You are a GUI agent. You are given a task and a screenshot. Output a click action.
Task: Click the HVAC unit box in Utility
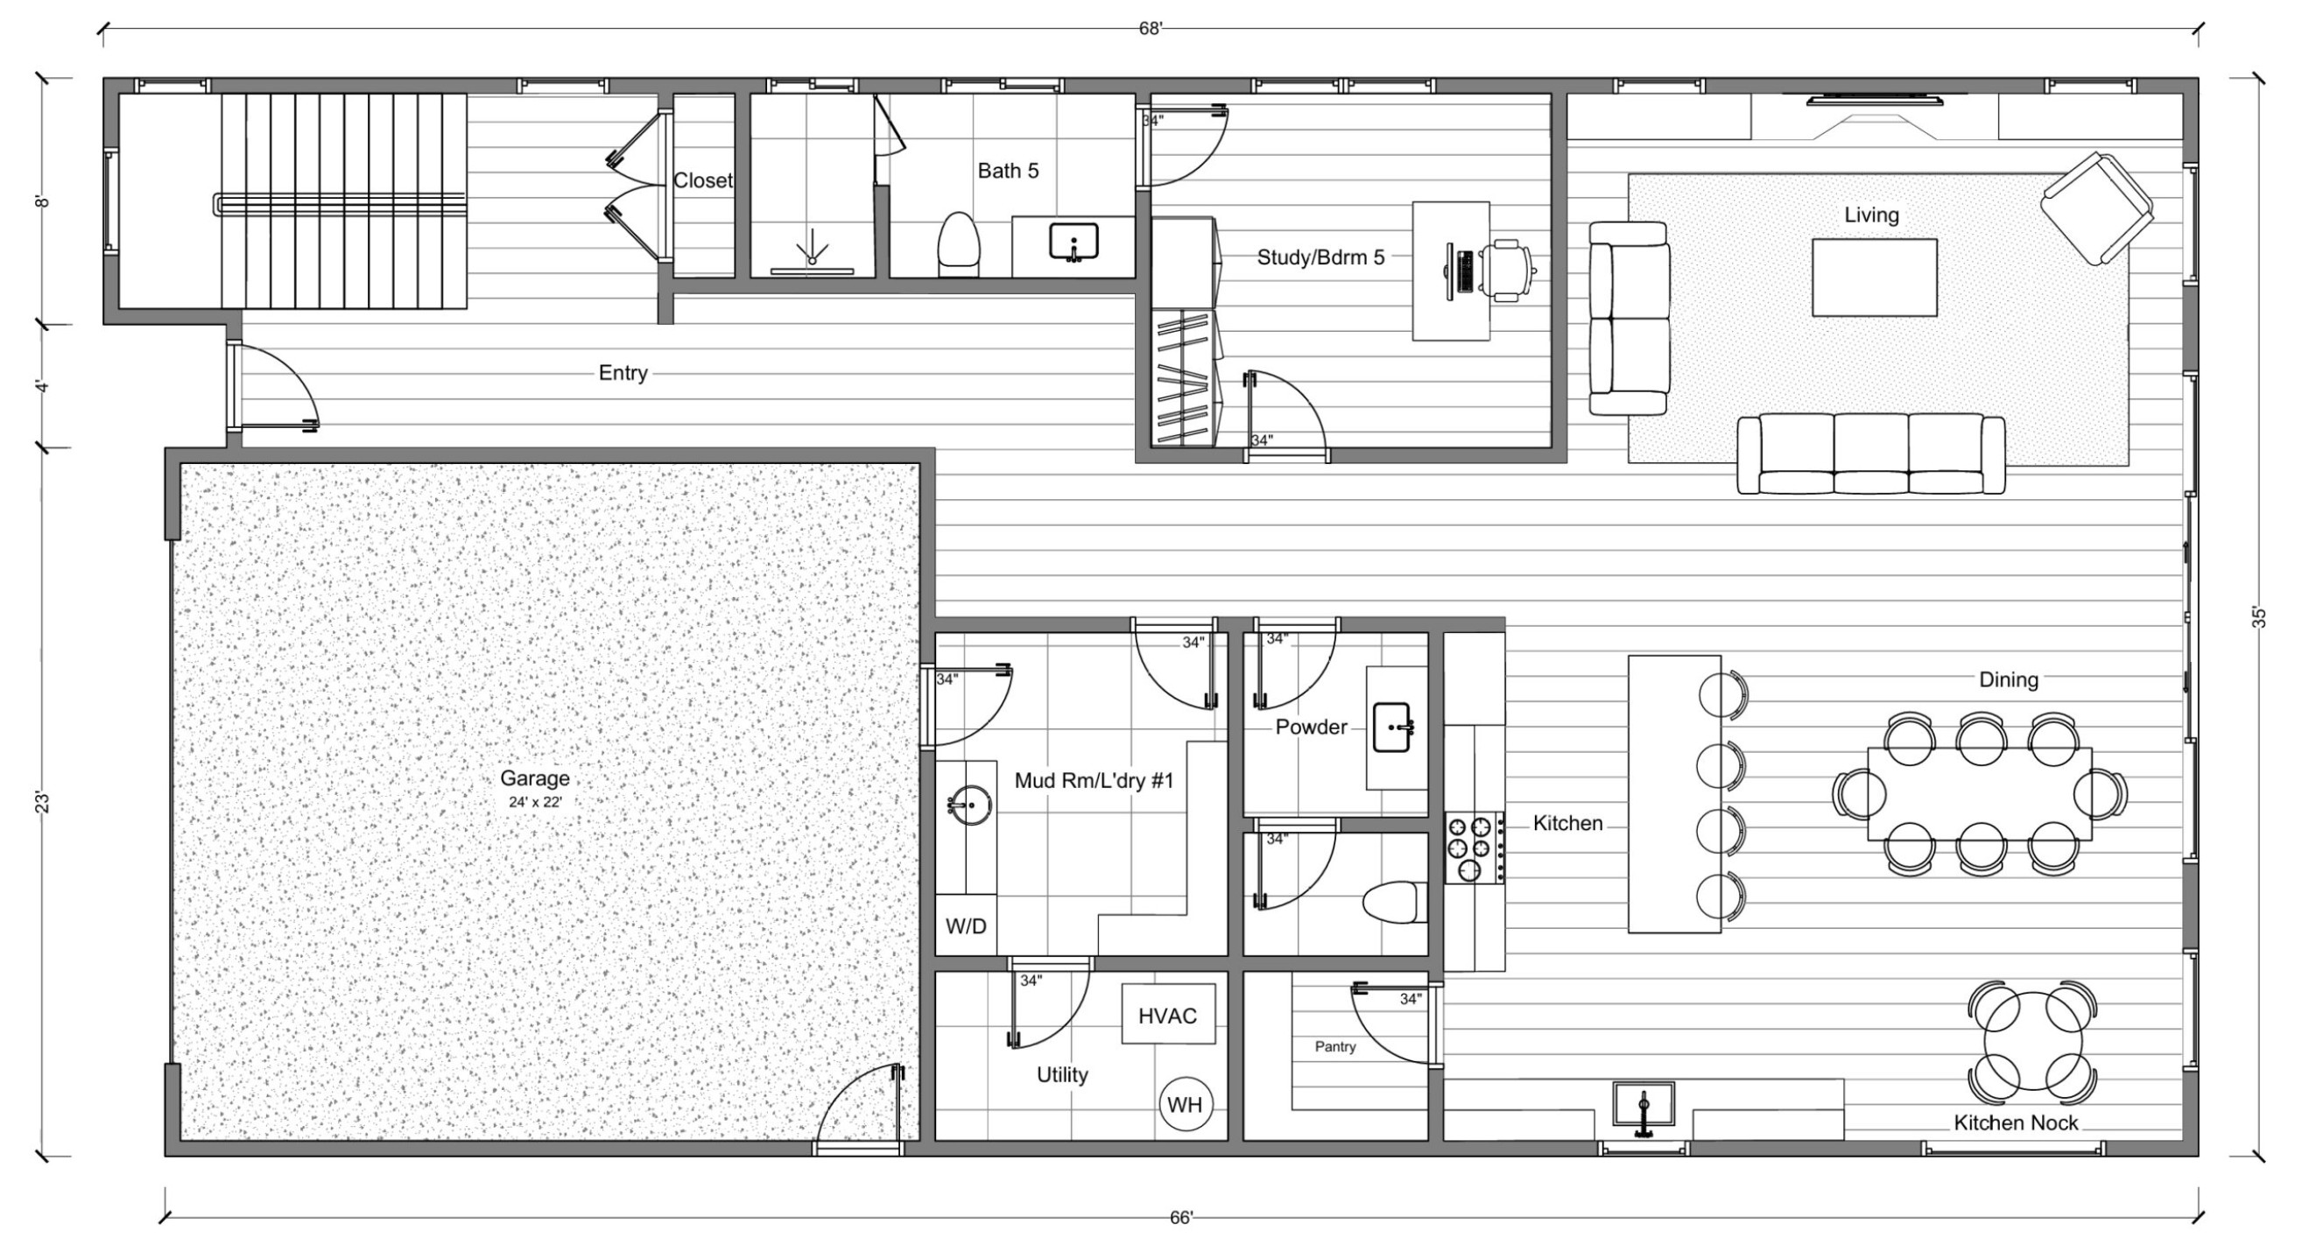click(1168, 1013)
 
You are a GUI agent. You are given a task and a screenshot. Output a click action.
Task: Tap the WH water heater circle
click(1185, 1104)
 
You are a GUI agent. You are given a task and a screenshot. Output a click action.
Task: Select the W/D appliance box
click(966, 925)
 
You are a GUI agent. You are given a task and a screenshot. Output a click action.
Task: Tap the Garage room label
click(534, 778)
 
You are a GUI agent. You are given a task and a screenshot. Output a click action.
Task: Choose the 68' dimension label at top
click(1150, 29)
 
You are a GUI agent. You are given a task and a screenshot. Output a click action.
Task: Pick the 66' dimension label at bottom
click(1181, 1218)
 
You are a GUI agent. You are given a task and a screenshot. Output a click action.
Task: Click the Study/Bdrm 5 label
click(1320, 257)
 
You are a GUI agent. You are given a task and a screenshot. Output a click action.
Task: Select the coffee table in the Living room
click(1874, 277)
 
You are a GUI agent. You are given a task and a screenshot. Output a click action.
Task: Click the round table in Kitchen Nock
click(2032, 1041)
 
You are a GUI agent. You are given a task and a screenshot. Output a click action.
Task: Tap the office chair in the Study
click(1510, 268)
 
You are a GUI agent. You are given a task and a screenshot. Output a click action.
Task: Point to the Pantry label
click(1335, 1046)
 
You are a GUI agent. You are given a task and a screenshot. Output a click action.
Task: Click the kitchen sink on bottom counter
click(1643, 1104)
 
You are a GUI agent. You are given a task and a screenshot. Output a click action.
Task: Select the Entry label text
click(623, 373)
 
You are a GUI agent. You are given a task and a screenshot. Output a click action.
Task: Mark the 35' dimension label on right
click(2258, 617)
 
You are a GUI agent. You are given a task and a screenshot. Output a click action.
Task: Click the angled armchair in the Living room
click(2096, 208)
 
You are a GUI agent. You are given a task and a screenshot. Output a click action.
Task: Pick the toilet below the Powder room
click(1394, 903)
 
